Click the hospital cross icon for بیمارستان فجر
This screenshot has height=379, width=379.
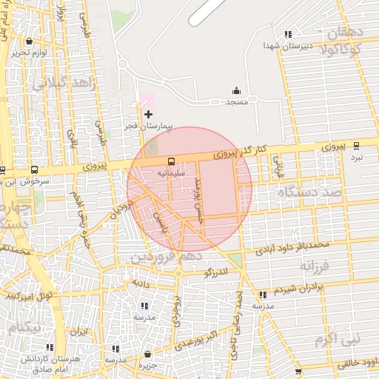pos(149,114)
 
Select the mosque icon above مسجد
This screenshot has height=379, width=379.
pos(236,90)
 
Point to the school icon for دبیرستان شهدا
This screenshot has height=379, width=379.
pos(288,34)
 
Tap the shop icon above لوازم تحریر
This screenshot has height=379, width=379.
pos(28,41)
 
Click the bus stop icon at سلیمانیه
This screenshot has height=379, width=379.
pos(172,161)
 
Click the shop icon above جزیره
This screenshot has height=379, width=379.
pos(149,354)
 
